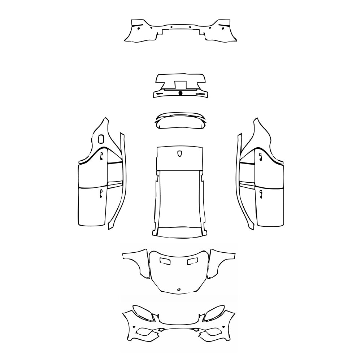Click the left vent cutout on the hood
tap(166, 261)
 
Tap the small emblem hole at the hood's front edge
tap(179, 290)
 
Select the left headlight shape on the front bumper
tap(142, 313)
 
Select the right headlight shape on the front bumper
tap(215, 313)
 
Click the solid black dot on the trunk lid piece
tap(180, 93)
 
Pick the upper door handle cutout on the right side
tap(260, 156)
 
